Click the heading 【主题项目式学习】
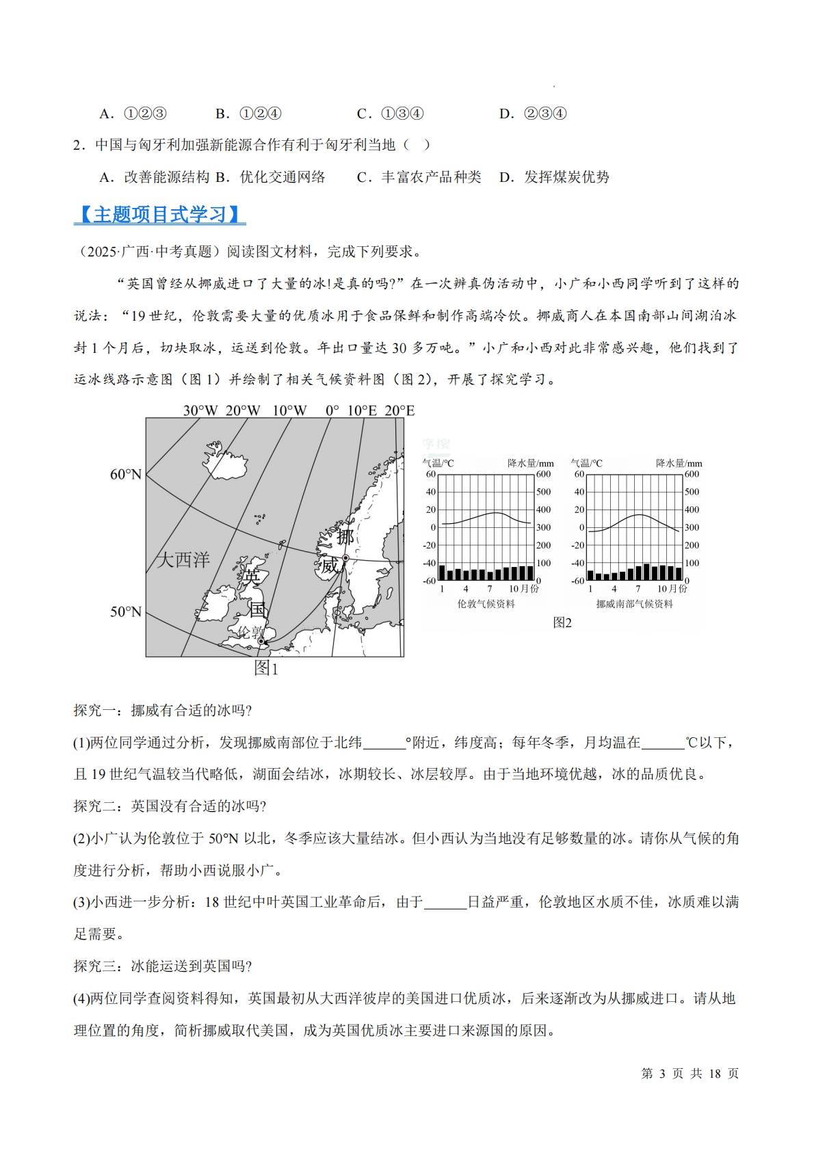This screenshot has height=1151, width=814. coord(159,215)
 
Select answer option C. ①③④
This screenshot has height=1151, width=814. coord(390,114)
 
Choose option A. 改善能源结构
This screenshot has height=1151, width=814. coord(154,177)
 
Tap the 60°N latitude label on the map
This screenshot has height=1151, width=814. coord(126,474)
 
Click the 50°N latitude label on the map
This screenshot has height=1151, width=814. coord(126,611)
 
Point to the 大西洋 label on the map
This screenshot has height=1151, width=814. coord(183,559)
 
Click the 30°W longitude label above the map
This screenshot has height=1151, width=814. coord(200,410)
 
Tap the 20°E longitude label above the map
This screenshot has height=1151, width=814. coord(399,410)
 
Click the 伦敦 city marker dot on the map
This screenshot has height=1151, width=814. coord(261,641)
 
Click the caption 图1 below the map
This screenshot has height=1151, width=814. coord(266,668)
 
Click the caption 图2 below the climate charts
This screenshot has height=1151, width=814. coord(562,622)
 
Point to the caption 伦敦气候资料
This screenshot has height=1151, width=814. coord(486,604)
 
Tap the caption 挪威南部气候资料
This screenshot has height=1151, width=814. coord(634,604)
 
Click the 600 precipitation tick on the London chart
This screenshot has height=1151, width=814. coord(543,474)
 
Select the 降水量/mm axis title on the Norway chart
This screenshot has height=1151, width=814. coord(679,463)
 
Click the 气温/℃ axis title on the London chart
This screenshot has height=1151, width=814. coord(438,463)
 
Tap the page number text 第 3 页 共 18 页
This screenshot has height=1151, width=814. coord(690,1073)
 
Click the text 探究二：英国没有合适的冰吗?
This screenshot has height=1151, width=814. coord(170,806)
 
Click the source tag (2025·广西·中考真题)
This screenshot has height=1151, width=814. coord(146,252)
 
